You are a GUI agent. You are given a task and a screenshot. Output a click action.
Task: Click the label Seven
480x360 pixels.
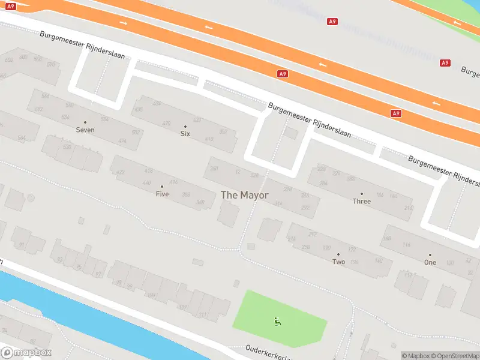pos(85,130)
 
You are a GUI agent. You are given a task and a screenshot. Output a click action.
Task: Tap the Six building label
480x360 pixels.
pos(185,134)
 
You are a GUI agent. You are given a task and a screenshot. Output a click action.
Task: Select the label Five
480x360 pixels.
pos(162,194)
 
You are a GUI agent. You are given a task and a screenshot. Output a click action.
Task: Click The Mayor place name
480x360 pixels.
pos(245,195)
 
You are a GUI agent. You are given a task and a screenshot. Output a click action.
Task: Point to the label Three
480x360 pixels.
pos(362,202)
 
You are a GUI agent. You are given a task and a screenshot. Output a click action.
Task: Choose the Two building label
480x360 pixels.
pos(339,262)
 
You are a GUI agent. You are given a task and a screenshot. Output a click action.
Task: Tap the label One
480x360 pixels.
pos(430,263)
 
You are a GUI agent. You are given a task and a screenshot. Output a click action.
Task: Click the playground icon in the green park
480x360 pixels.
pos(278,322)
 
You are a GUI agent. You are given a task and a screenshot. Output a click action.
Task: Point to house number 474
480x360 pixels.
pos(122,141)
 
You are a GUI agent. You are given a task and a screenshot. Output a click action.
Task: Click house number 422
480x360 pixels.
pos(120,172)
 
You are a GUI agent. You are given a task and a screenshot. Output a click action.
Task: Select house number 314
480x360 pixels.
pos(278,204)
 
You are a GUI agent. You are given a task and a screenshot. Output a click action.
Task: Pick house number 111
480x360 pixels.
pos(202,314)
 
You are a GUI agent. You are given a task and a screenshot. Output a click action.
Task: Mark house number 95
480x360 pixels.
pos(79,267)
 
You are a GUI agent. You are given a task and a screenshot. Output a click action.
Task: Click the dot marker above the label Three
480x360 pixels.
pos(362,194)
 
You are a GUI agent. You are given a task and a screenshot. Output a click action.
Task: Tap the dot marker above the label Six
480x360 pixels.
pos(185,126)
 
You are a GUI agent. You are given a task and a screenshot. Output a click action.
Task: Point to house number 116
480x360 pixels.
pos(407,245)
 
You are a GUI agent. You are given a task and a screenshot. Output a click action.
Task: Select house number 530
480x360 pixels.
pos(67,147)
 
